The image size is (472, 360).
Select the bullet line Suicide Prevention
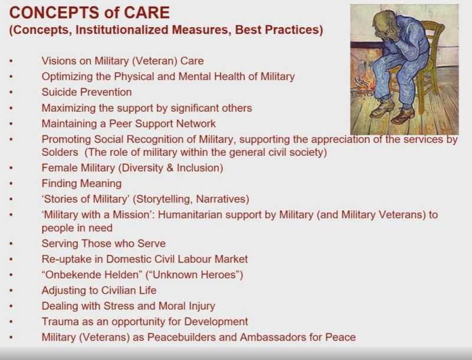(87, 92)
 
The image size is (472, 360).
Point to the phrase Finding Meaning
(81, 184)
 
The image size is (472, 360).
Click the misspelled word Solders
(60, 152)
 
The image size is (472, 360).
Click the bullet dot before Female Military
(11, 168)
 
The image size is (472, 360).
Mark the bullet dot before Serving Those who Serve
(11, 244)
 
